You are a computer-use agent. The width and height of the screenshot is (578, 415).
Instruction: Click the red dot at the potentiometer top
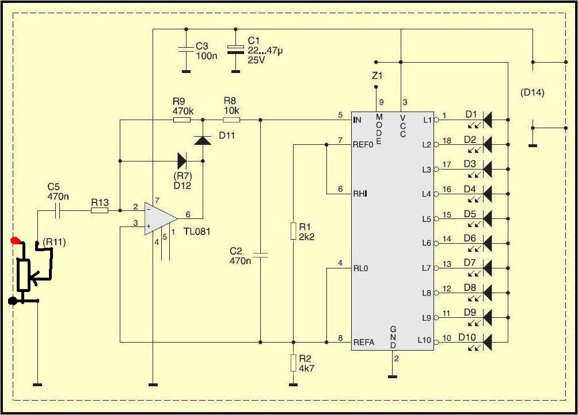16,241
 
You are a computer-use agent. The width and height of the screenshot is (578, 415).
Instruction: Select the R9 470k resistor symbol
182,120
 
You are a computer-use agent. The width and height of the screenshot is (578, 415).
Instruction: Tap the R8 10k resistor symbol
231,120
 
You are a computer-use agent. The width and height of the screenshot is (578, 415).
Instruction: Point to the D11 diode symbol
203,140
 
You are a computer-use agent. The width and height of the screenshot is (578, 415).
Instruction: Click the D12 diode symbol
182,161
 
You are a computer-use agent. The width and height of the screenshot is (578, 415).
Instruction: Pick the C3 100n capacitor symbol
186,49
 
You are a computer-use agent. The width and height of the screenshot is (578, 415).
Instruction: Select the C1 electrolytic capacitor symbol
235,49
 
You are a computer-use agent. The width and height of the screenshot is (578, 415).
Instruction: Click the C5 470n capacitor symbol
57,210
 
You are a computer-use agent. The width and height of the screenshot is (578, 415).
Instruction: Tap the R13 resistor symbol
100,210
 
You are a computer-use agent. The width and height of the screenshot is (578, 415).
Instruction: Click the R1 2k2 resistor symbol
293,230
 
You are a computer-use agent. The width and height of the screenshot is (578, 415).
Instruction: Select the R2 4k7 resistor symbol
293,363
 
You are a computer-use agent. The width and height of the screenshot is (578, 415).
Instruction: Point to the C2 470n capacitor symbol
260,255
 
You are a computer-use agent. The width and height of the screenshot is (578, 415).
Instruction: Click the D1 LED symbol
487,120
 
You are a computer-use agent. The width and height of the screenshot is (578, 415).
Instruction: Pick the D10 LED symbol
487,342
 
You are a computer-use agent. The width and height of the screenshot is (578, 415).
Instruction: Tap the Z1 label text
377,76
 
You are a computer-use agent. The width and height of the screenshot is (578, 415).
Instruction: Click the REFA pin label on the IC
363,342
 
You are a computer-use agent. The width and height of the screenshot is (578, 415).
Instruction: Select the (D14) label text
533,93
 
